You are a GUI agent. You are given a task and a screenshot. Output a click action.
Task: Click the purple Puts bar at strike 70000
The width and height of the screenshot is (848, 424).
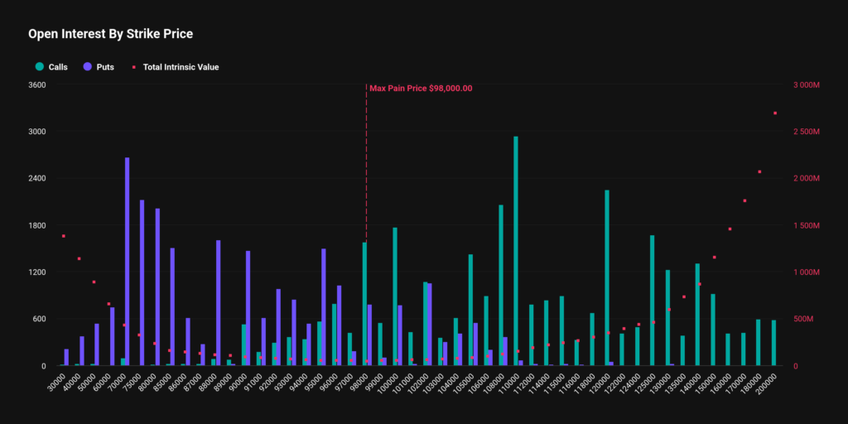[127, 261]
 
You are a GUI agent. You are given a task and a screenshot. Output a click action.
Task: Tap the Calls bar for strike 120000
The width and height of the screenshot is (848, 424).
[606, 277]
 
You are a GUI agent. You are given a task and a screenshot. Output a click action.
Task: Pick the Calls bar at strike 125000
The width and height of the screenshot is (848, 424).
[652, 300]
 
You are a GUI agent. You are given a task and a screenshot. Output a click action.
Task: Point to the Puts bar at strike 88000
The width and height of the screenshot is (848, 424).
[218, 302]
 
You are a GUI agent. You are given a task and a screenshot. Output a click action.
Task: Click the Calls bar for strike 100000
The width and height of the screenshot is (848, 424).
[395, 296]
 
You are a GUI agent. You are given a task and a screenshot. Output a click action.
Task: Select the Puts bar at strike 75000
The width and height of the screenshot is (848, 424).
[142, 282]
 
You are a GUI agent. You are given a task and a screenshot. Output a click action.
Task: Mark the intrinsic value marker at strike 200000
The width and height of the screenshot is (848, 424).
[775, 113]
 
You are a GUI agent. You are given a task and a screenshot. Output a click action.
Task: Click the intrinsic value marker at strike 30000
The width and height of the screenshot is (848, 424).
[63, 236]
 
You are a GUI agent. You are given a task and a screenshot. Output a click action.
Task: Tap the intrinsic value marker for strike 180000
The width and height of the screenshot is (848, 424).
[759, 171]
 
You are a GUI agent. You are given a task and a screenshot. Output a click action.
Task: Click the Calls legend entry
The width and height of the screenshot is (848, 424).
[51, 66]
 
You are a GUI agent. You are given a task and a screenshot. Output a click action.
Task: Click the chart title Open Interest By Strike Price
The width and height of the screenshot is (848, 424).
[110, 34]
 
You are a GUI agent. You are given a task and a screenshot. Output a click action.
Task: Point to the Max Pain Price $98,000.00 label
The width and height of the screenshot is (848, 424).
[421, 88]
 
